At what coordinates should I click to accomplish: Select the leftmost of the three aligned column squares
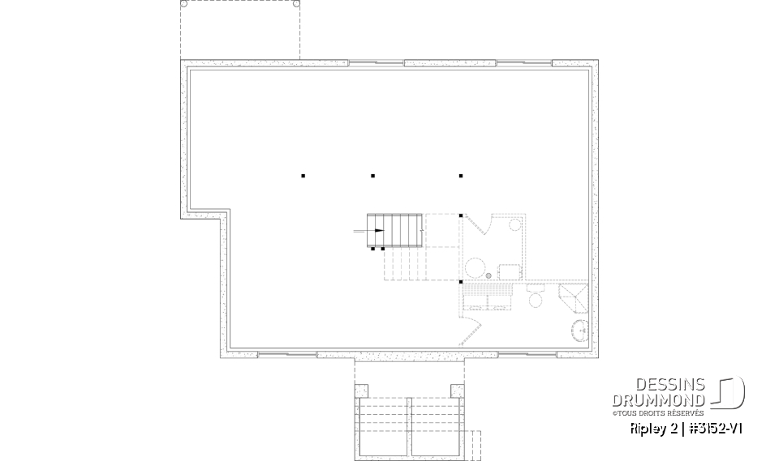click(303, 176)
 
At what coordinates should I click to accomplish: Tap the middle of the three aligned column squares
click(372, 176)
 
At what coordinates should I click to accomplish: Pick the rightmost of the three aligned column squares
click(460, 176)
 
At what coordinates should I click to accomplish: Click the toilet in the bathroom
click(535, 299)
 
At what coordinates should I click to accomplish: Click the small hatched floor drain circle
click(488, 276)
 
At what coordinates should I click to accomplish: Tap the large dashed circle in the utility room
click(475, 267)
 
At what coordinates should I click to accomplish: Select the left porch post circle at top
click(183, 4)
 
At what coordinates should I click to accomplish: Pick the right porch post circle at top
click(296, 4)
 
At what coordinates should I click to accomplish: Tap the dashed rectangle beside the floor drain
click(509, 271)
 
